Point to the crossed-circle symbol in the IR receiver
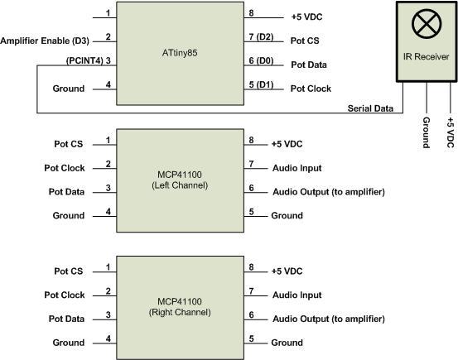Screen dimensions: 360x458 coord(423,24)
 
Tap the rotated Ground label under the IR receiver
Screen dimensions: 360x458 coord(424,132)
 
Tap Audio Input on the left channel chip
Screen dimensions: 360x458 coord(296,168)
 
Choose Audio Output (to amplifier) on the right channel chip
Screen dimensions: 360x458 coord(327,319)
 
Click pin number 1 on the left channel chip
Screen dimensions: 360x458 coord(108,140)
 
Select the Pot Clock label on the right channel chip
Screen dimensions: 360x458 coord(65,295)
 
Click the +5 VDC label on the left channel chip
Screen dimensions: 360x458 coord(288,144)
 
